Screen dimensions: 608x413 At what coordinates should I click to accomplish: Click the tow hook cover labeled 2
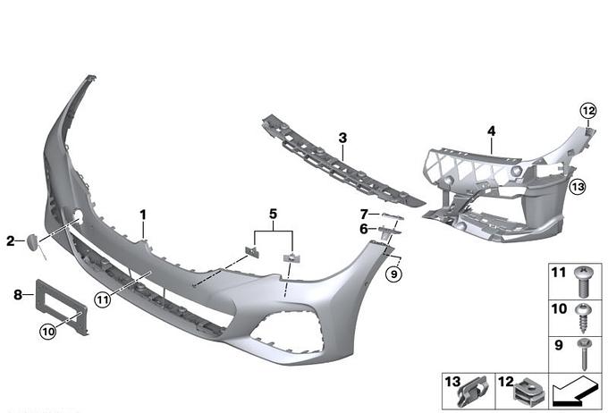(x=32, y=242)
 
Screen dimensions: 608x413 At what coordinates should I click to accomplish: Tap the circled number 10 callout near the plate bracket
(x=48, y=331)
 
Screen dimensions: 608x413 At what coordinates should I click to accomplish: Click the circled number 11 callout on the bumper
(x=102, y=299)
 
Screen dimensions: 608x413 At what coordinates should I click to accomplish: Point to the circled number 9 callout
(x=393, y=274)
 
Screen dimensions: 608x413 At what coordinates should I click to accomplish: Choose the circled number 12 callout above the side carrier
(x=587, y=112)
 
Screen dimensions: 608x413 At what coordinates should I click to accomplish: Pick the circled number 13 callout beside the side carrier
(x=578, y=187)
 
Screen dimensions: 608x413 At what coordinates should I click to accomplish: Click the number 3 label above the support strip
(x=342, y=138)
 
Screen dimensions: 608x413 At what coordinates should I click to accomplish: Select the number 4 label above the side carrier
(x=491, y=131)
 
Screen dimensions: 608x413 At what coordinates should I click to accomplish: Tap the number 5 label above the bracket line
(x=274, y=214)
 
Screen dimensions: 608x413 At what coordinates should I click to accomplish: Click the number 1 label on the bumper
(x=143, y=215)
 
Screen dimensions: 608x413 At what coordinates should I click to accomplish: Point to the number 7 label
(x=364, y=214)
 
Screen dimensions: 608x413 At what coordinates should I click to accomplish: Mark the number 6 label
(x=364, y=229)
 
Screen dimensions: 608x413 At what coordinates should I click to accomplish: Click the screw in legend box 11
(x=583, y=282)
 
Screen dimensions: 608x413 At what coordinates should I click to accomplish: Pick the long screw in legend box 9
(x=584, y=354)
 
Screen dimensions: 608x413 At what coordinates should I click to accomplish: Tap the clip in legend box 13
(x=472, y=392)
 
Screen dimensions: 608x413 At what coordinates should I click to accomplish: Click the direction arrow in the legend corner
(x=575, y=391)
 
